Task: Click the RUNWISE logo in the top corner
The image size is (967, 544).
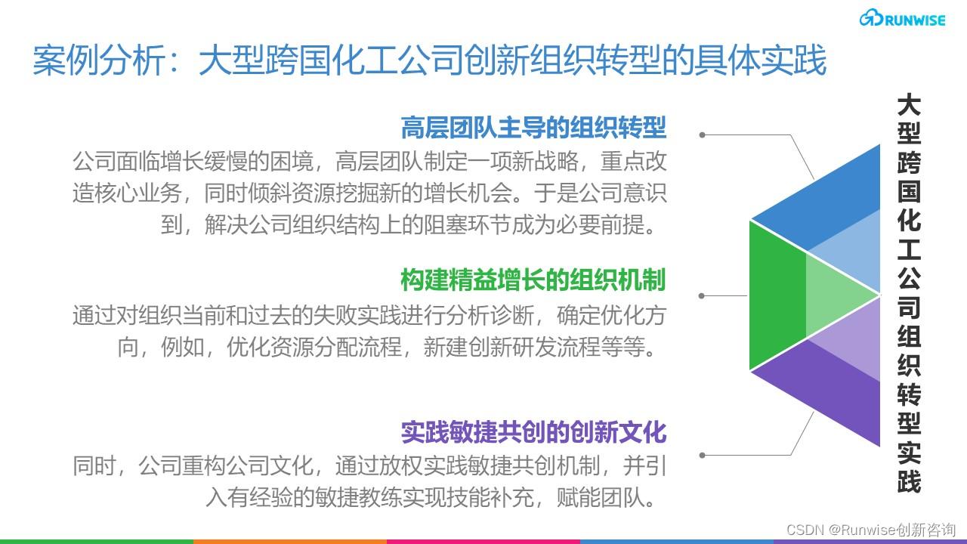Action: tap(901, 20)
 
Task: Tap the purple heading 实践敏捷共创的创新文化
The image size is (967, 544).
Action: tap(533, 432)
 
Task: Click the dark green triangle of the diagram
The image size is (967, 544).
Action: tap(774, 295)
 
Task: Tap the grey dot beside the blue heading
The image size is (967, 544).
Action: tap(703, 135)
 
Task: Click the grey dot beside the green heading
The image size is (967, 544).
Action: tap(703, 295)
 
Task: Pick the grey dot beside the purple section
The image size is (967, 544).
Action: tap(703, 455)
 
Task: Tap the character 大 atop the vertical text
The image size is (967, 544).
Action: tap(909, 105)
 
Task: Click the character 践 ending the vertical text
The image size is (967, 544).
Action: tap(909, 481)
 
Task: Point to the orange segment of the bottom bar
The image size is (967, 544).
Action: tap(290, 541)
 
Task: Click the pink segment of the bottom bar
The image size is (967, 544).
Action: tap(483, 541)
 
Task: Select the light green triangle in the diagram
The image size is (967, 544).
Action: tap(839, 295)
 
